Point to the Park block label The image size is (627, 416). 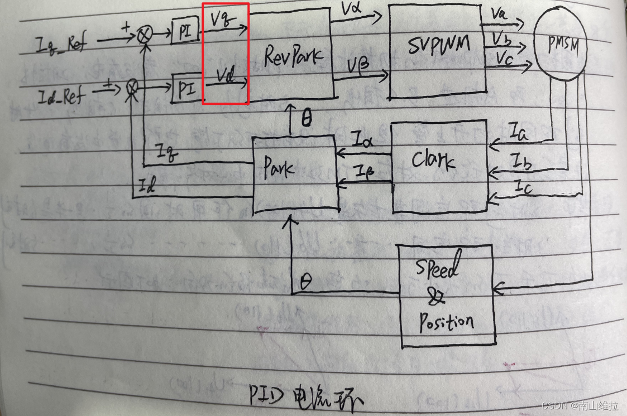point(279,167)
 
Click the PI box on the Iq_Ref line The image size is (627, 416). point(185,34)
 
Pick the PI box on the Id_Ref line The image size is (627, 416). point(185,90)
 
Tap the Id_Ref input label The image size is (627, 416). point(61,97)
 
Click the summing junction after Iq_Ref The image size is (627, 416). point(144,35)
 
